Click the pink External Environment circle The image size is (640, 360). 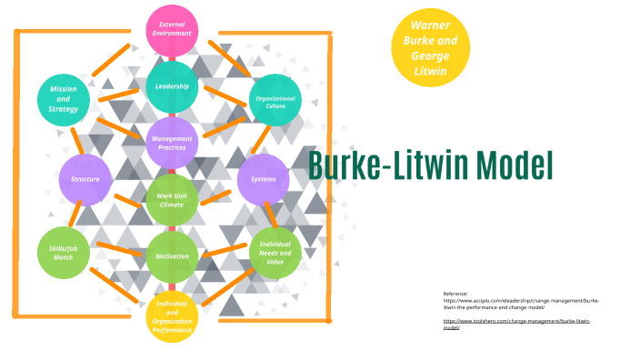[172, 29]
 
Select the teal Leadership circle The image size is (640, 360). [172, 86]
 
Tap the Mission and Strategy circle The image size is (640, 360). [64, 99]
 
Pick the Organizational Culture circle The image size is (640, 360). [275, 100]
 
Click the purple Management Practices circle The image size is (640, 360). [172, 143]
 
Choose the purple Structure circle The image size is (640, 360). [85, 179]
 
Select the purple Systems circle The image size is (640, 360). [263, 179]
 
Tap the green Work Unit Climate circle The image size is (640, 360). [172, 200]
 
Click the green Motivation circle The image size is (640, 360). [172, 256]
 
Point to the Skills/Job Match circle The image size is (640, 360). [64, 252]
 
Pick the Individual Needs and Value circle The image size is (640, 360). [275, 253]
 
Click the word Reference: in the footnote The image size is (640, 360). [455, 294]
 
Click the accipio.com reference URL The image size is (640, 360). [521, 303]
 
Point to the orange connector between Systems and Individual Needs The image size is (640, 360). [270, 215]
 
